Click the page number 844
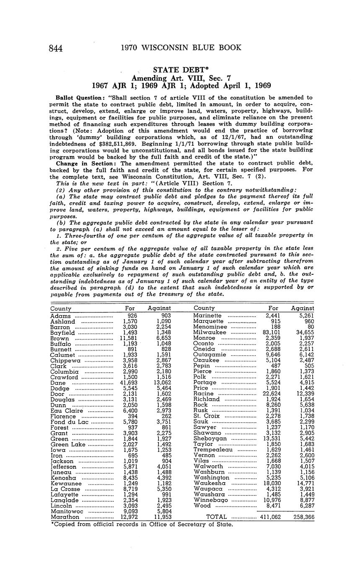(56, 48)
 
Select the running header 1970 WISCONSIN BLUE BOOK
(181, 48)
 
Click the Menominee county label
(210, 326)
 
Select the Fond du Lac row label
(70, 411)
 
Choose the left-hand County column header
(61, 308)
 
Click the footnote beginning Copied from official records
(141, 524)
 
